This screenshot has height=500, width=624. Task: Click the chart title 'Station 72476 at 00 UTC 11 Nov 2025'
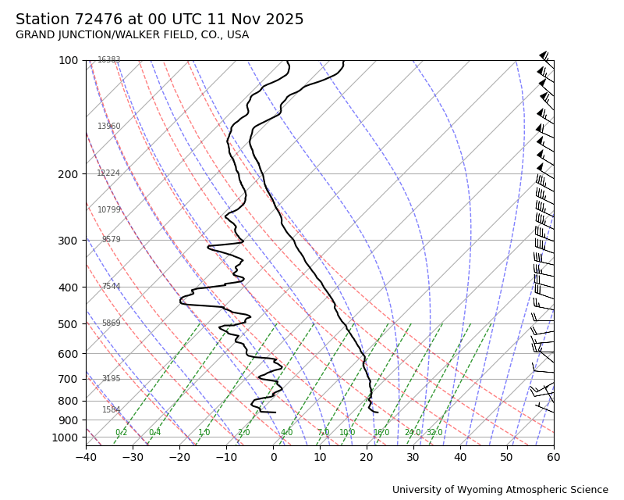click(160, 20)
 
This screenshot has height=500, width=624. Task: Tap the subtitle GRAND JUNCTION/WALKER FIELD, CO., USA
click(133, 35)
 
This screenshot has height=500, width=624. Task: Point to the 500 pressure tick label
click(68, 324)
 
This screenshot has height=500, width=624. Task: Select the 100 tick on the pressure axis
click(68, 60)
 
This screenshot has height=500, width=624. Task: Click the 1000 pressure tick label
click(65, 437)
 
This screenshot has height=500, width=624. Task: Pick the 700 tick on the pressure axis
click(68, 379)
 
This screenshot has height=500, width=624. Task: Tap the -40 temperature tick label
click(86, 457)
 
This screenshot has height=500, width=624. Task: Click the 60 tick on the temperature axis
click(554, 457)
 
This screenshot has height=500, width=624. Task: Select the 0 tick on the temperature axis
click(273, 457)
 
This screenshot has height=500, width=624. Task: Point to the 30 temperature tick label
click(413, 457)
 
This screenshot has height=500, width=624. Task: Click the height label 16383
click(109, 60)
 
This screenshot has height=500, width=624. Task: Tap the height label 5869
click(111, 323)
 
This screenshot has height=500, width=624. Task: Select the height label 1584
click(111, 410)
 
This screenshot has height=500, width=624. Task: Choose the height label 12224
click(108, 173)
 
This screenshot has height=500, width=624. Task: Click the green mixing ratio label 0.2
click(121, 433)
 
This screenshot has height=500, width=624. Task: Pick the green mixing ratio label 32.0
click(434, 433)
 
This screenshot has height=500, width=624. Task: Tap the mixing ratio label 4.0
click(286, 433)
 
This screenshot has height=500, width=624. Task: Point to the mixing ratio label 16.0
click(381, 433)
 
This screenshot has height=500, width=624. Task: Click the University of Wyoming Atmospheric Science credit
click(500, 490)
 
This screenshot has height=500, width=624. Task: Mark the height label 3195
click(111, 379)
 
